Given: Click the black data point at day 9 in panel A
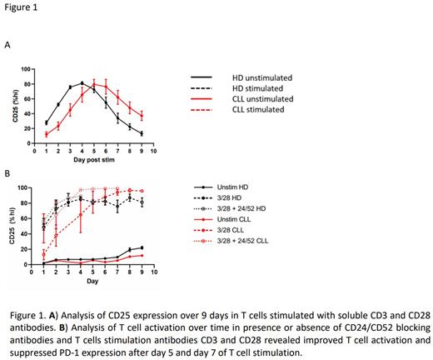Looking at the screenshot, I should (x=142, y=133).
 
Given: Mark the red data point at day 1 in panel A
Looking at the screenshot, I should (x=46, y=134).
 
